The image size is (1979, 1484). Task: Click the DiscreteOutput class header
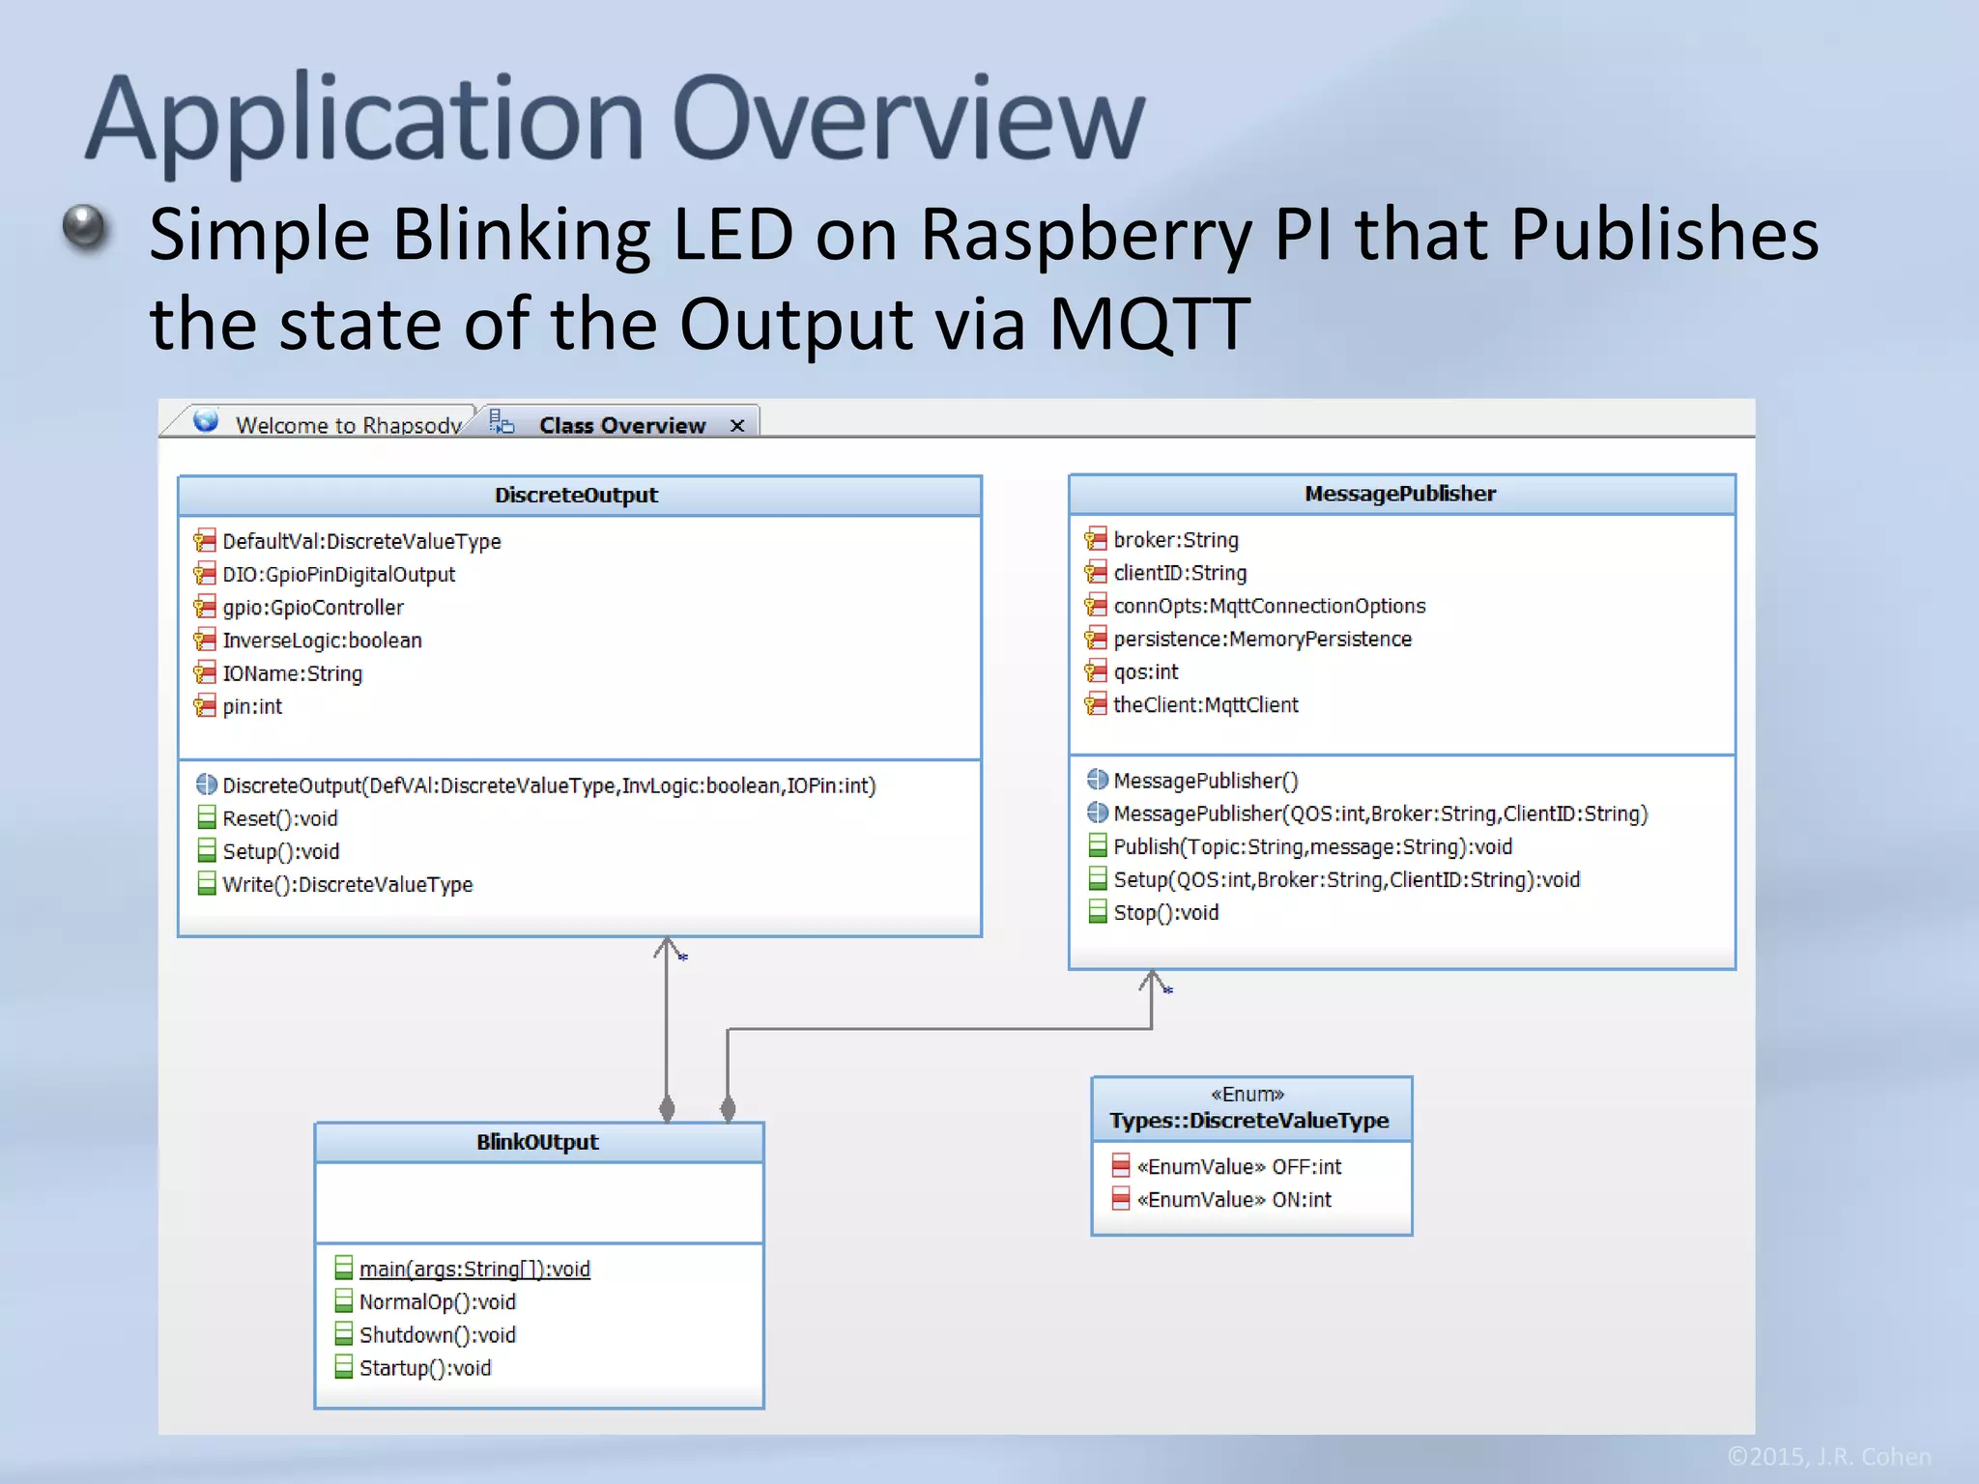pos(576,496)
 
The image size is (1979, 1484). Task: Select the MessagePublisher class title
pos(1399,494)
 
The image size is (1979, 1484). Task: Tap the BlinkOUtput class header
pos(537,1142)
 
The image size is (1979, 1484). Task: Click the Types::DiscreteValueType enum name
pos(1248,1121)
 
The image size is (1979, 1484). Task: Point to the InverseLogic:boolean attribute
pos(322,641)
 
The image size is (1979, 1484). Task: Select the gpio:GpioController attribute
pos(313,608)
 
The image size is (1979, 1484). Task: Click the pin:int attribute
pos(252,707)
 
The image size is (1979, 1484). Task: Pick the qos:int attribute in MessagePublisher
pos(1145,672)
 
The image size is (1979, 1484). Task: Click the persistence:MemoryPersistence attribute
pos(1261,640)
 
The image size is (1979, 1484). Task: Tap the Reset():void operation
pos(279,819)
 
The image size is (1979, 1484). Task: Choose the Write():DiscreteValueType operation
pos(347,885)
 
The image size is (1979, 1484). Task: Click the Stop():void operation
pos(1165,913)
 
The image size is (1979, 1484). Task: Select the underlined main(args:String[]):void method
pos(473,1270)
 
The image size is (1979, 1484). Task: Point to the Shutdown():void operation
pos(437,1335)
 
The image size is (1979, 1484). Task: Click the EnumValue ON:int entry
pos(1234,1200)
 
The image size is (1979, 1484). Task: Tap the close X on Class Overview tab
pos(737,426)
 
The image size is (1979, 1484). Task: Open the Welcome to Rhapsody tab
pos(348,425)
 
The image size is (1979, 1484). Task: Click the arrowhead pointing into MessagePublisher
pos(1152,980)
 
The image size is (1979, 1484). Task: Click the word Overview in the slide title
pos(908,120)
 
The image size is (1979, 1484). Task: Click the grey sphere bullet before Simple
pos(84,229)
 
